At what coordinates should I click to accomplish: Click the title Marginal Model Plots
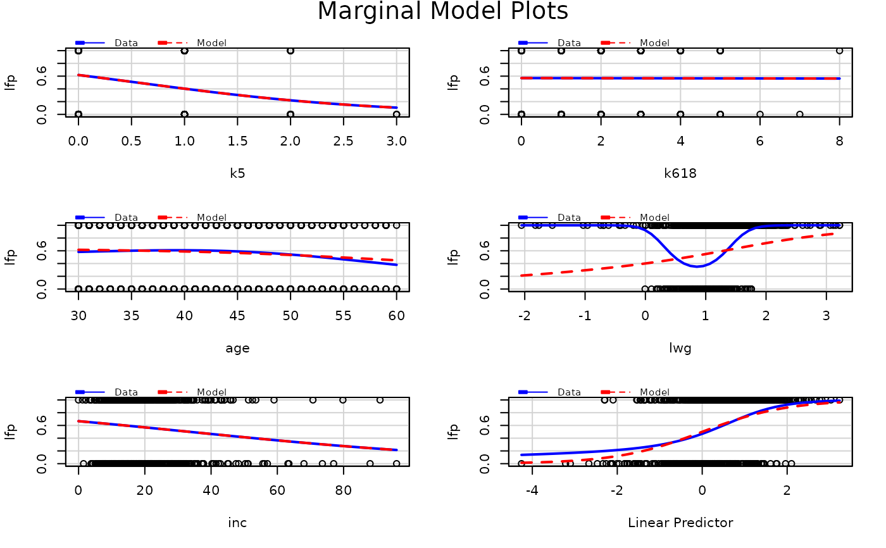click(442, 11)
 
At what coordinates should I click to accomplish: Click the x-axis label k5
click(237, 173)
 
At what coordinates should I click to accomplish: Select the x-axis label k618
click(680, 173)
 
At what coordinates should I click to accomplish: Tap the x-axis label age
click(237, 347)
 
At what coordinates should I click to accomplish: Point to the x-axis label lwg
click(680, 347)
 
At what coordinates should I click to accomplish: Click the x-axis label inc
click(237, 523)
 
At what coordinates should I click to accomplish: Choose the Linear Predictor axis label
click(680, 523)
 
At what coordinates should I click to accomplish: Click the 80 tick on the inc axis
click(343, 489)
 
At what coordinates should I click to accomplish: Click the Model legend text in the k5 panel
click(211, 43)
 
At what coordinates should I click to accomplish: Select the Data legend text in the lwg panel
click(569, 218)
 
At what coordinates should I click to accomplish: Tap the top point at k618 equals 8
click(839, 51)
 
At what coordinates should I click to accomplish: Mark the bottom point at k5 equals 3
click(396, 115)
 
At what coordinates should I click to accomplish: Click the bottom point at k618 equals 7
click(799, 115)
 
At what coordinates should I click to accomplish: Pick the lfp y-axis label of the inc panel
click(10, 432)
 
